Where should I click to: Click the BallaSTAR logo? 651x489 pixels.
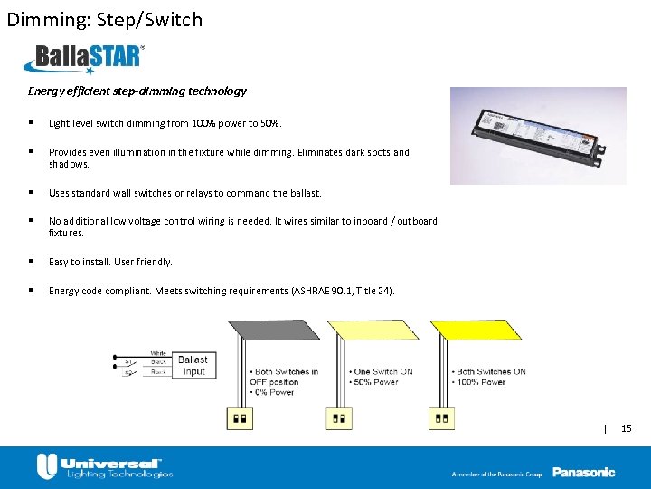(x=84, y=59)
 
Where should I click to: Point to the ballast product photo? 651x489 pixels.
(x=537, y=136)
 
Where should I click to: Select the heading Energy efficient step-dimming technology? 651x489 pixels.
(x=137, y=91)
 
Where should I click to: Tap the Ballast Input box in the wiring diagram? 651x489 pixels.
(x=192, y=366)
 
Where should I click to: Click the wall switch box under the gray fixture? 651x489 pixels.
(x=241, y=419)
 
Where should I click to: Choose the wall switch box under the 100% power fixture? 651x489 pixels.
(x=442, y=419)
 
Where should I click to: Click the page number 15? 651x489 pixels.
(x=627, y=427)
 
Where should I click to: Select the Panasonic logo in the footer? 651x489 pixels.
(x=583, y=472)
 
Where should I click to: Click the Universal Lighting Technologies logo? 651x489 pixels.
(x=104, y=467)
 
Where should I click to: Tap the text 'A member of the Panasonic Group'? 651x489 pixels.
(x=497, y=474)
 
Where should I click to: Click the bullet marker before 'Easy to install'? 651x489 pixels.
(x=31, y=262)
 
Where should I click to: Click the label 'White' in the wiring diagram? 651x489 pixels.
(x=158, y=353)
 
